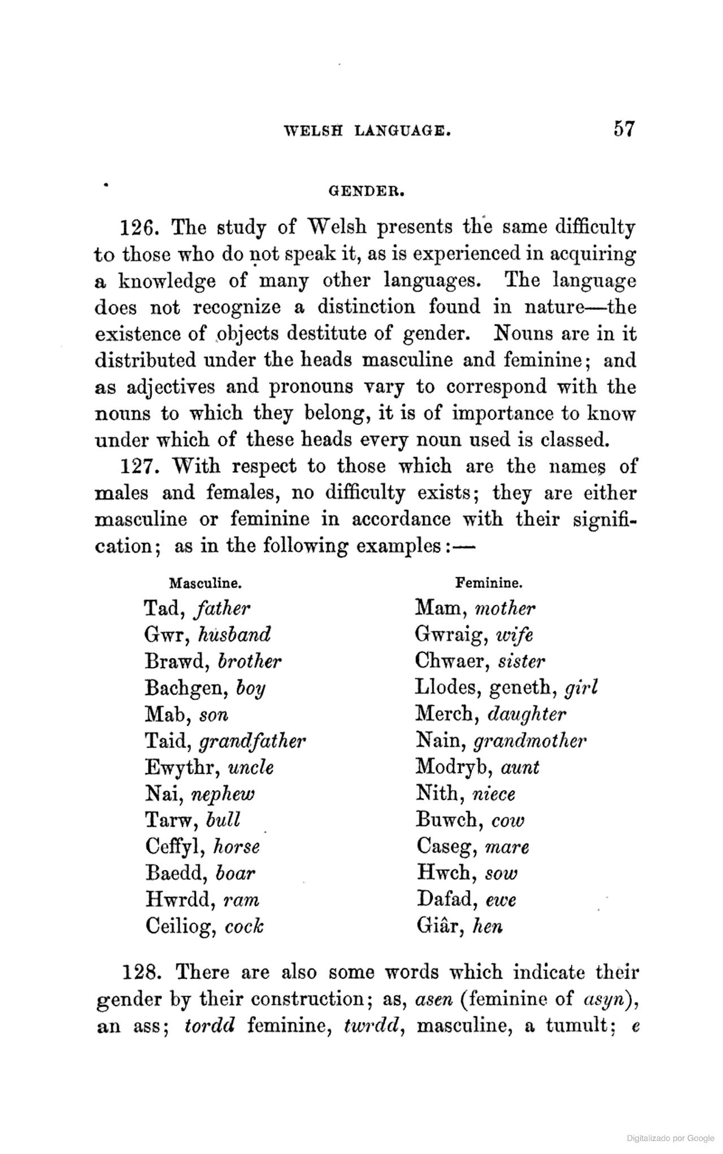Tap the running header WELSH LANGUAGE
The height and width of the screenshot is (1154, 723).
pos(368,132)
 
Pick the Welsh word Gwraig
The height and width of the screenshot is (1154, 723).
pos(450,635)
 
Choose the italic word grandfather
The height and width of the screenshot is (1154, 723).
pos(259,741)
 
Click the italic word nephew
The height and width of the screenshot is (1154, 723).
pos(223,795)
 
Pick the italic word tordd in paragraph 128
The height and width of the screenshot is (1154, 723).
pos(210,1026)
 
